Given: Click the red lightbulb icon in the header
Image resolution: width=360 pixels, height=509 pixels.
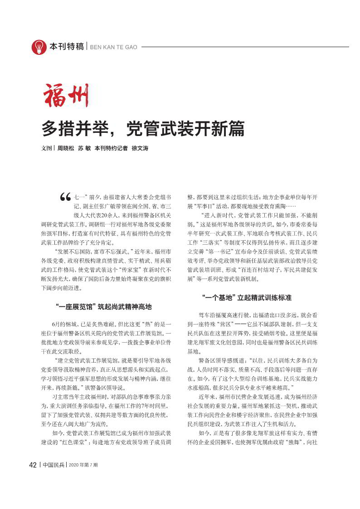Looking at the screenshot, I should click(x=39, y=47).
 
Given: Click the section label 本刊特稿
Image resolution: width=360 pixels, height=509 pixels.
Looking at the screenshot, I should click(x=67, y=47).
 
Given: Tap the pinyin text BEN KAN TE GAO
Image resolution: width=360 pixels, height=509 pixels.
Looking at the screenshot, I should click(x=114, y=47).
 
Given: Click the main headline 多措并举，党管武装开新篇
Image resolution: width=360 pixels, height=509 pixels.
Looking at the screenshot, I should click(x=143, y=129).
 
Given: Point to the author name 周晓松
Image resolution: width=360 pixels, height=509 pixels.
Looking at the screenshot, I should click(x=65, y=149).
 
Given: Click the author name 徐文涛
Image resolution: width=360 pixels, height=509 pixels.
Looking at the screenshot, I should click(x=140, y=149).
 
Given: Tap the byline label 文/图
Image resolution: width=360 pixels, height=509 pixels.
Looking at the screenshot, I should click(x=46, y=149).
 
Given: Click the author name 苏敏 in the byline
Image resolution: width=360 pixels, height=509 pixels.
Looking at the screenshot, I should click(x=83, y=149).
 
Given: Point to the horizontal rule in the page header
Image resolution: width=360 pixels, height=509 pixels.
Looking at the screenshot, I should click(x=245, y=47).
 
